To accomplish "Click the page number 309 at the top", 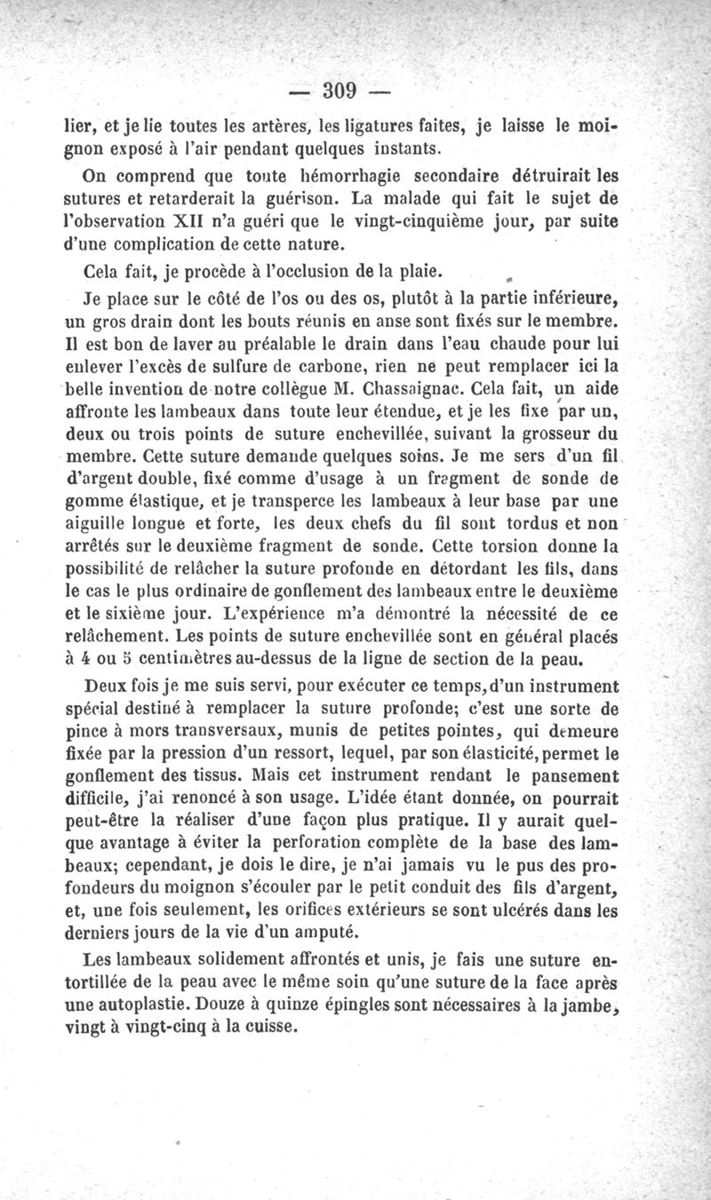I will click(340, 89).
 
